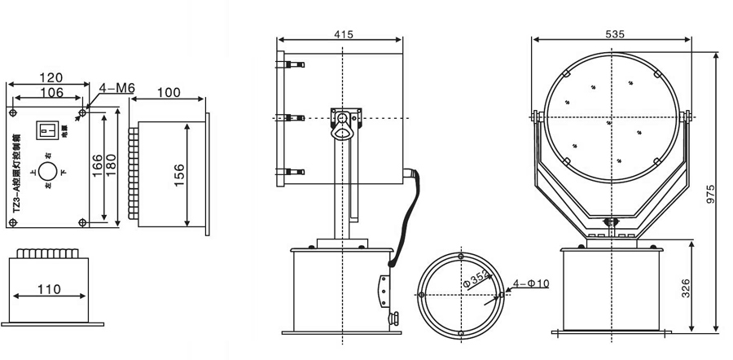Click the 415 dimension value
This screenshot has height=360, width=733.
[343, 34]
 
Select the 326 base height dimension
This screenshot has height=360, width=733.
[686, 287]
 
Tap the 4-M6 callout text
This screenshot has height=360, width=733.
[116, 88]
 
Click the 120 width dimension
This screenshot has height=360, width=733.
[50, 78]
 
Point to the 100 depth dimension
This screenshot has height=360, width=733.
[169, 92]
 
